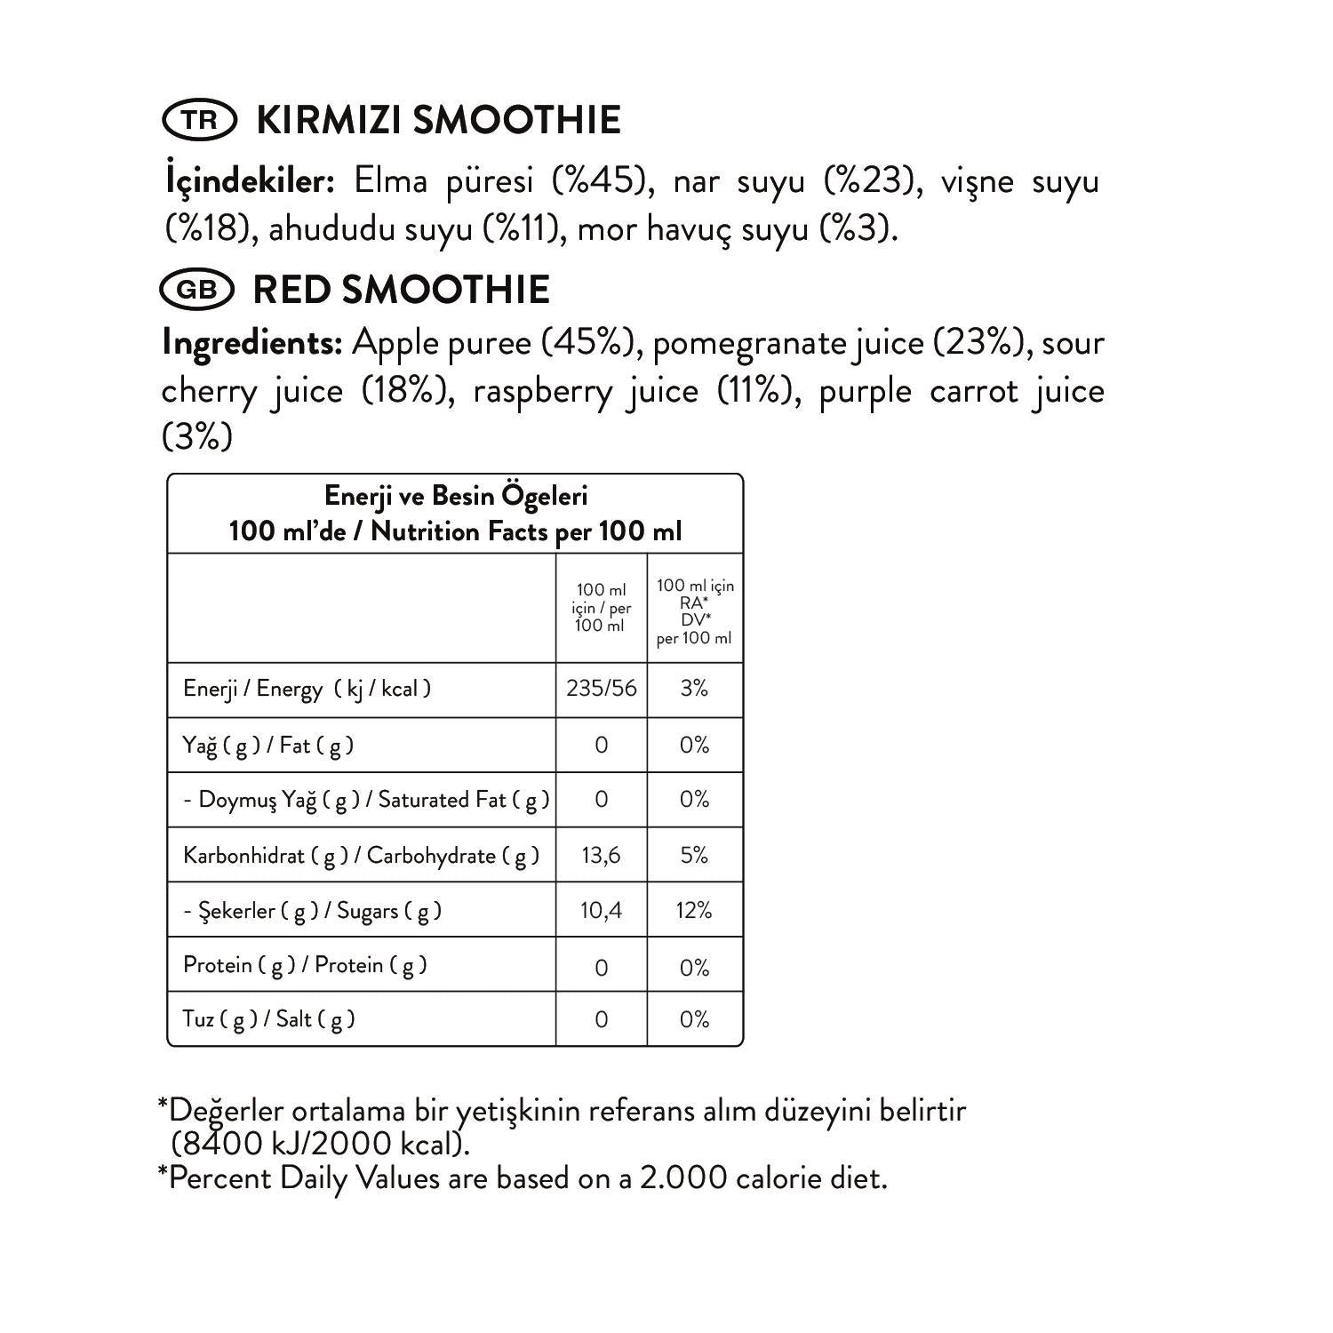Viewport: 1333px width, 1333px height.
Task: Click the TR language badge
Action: coord(200,120)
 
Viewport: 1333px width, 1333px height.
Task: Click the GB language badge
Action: coord(196,290)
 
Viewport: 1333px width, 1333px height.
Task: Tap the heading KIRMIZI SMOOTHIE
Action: coord(438,120)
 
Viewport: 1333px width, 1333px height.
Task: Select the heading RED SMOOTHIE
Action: coord(402,290)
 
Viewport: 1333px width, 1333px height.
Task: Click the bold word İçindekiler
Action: coord(250,181)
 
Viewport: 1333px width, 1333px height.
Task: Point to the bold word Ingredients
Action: coord(252,343)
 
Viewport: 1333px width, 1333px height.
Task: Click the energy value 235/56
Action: coord(602,689)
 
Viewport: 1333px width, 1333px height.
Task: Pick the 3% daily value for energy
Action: coord(694,689)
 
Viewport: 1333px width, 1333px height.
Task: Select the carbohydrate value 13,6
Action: coord(602,855)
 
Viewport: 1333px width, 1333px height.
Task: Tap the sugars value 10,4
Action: coord(602,910)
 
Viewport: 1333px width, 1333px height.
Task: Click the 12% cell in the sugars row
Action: coord(694,910)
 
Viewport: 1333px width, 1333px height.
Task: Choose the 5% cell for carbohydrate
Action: coord(694,855)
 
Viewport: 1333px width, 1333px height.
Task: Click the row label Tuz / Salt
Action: coord(269,1019)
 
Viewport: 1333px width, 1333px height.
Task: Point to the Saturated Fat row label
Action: coord(366,800)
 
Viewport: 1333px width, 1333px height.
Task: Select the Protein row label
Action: coord(305,965)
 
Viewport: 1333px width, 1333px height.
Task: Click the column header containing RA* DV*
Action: coord(695,611)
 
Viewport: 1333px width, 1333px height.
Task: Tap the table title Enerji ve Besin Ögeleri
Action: coord(455,496)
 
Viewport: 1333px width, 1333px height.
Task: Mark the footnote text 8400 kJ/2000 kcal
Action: coord(320,1143)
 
